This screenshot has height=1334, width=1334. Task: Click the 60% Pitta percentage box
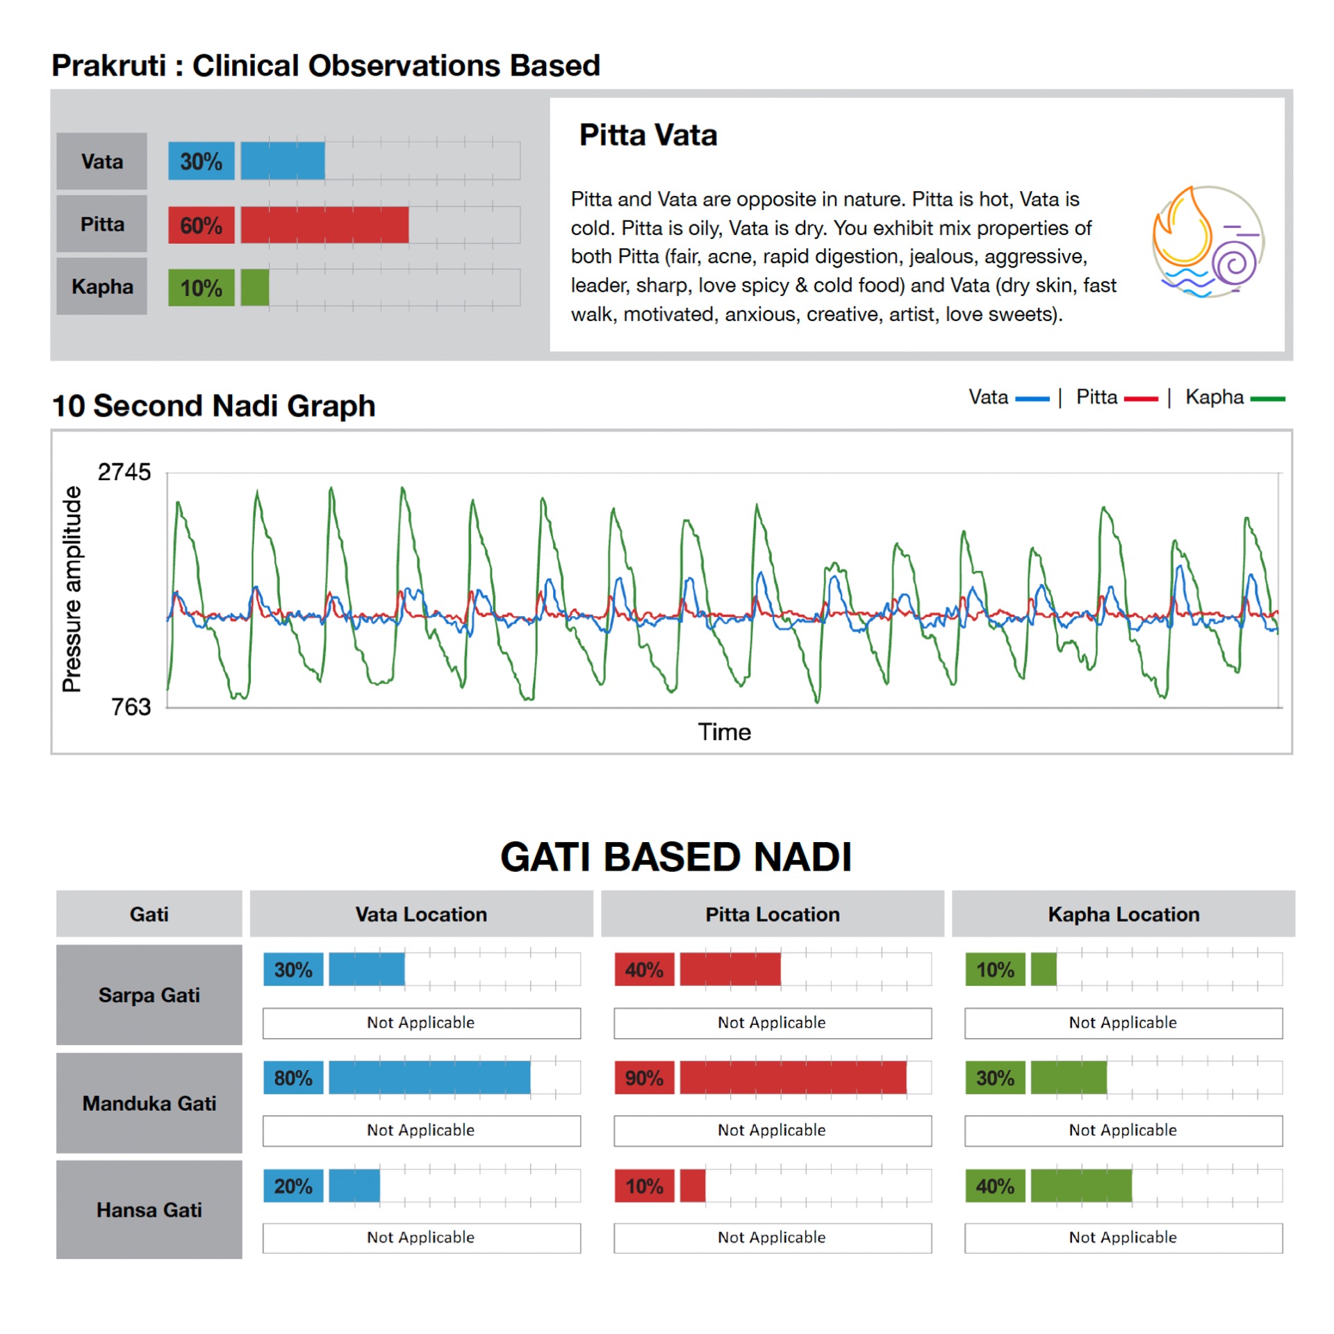pos(201,225)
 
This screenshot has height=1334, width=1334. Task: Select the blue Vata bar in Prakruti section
pos(282,161)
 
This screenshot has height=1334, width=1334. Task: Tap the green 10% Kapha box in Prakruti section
pos(201,288)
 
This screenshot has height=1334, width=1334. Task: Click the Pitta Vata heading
pos(648,135)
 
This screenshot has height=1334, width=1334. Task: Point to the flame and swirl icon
pos(1208,241)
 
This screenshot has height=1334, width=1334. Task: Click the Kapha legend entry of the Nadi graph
pos(1234,397)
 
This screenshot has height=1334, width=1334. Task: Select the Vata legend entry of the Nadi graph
pos(1008,397)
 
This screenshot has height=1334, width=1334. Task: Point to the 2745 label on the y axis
pos(124,472)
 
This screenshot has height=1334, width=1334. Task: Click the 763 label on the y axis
pos(131,707)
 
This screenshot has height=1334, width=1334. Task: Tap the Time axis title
pos(724,732)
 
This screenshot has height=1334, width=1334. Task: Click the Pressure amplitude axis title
pos(72,589)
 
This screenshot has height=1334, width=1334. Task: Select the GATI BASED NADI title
pos(675,857)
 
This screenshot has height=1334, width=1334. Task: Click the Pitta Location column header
pos(772,914)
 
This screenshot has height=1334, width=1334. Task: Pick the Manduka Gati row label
pos(149,1103)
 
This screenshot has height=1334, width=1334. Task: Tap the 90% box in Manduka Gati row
pos(644,1078)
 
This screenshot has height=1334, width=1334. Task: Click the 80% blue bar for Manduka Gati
pos(429,1078)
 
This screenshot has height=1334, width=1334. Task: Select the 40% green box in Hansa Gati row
pos(995,1186)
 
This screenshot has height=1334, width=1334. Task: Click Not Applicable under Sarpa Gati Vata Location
pos(421,1023)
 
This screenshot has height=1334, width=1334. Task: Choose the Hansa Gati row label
pos(149,1210)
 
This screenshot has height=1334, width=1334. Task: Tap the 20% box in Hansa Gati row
pos(293,1186)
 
